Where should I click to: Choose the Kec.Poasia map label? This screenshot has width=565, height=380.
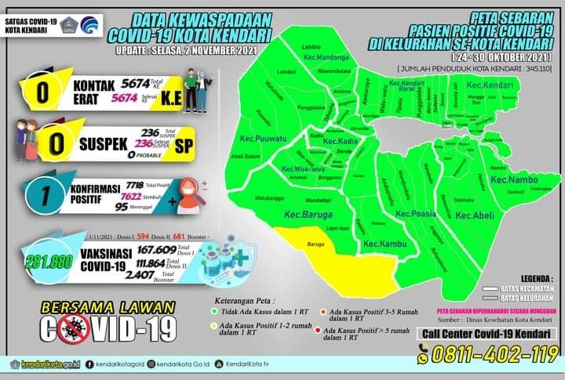click(416, 213)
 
